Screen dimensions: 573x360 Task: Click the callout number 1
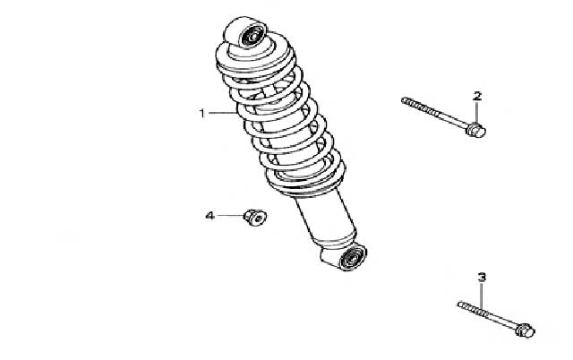point(202,114)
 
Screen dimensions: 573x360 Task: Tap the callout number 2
point(477,96)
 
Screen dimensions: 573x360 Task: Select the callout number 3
point(482,277)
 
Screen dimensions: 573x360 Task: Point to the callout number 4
point(210,216)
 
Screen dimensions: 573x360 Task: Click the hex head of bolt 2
point(476,130)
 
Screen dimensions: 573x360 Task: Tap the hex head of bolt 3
point(526,330)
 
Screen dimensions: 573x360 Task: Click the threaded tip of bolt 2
point(404,99)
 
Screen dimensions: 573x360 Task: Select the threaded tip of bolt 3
point(460,304)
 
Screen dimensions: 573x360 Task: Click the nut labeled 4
point(255,217)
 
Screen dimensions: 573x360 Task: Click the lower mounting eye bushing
point(353,257)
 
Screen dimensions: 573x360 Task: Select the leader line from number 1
point(223,114)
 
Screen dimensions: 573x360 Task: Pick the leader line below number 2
point(476,112)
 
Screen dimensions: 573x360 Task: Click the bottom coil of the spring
point(305,183)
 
